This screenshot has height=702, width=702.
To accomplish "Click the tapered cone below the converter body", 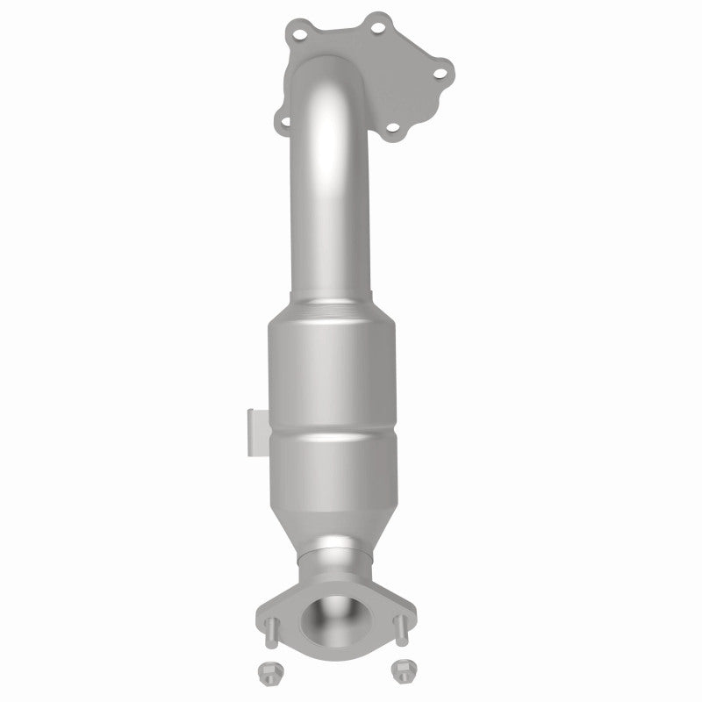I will pyautogui.click(x=333, y=522).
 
